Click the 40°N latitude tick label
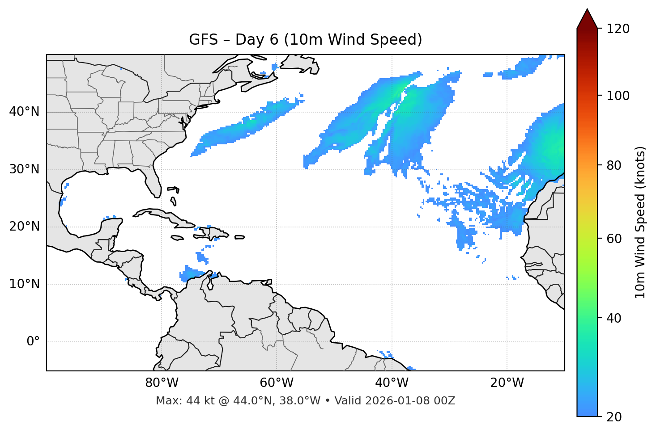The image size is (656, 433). click(24, 112)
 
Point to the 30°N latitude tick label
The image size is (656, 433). click(24, 169)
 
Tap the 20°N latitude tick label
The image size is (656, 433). click(24, 227)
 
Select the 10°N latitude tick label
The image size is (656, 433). click(24, 284)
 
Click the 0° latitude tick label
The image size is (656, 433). click(33, 342)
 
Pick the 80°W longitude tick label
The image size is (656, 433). click(162, 383)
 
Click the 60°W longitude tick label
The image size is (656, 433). click(277, 383)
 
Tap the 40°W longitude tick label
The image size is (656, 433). click(392, 383)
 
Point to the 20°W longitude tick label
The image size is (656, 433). click(507, 383)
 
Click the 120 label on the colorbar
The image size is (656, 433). click(618, 29)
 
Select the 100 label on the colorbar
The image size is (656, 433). click(618, 96)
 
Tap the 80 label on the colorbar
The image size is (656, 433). click(614, 165)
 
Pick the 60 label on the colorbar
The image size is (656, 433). click(614, 239)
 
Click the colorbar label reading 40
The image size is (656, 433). click(614, 318)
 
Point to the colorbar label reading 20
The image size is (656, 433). click(614, 417)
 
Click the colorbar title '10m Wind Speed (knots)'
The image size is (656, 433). click(640, 222)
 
